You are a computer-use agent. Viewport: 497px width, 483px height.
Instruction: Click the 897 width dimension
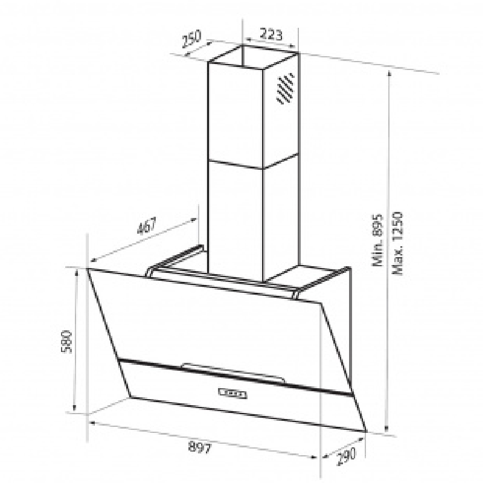pyautogui.click(x=200, y=447)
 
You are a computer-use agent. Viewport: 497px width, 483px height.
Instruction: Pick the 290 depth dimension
pyautogui.click(x=345, y=455)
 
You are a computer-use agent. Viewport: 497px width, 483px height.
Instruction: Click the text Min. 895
pyautogui.click(x=378, y=240)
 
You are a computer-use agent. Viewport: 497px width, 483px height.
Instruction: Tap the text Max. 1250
pyautogui.click(x=397, y=243)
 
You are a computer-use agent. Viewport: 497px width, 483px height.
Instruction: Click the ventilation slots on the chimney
pyautogui.click(x=285, y=89)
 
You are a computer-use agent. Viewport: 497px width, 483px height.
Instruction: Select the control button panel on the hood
pyautogui.click(x=232, y=393)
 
